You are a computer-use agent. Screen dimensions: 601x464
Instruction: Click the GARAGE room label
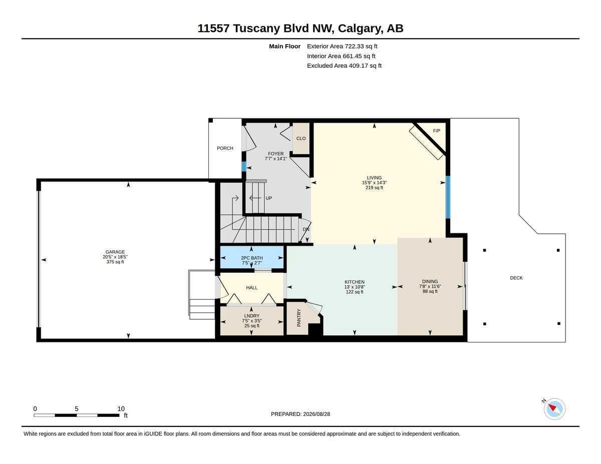tap(115, 252)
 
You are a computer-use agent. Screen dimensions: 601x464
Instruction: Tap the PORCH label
tap(225, 148)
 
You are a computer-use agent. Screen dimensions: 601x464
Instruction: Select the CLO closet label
tap(301, 139)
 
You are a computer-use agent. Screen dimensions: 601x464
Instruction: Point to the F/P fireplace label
tap(436, 131)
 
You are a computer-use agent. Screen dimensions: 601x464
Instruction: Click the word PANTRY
tap(298, 318)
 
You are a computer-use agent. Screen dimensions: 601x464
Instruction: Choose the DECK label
tap(516, 278)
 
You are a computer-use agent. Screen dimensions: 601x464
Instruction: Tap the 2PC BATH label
tap(252, 258)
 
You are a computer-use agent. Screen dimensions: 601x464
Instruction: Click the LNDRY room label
tap(252, 316)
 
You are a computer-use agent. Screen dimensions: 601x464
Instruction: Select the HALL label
tap(252, 288)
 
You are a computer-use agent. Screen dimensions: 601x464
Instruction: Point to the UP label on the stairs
tap(268, 198)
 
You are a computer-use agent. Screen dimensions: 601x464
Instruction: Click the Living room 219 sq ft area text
tap(374, 188)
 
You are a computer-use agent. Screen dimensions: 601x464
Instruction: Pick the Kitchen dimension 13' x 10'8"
tap(355, 287)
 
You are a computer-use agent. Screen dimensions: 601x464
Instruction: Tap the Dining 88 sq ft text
tap(430, 291)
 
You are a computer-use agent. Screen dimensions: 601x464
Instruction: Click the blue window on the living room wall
tap(448, 197)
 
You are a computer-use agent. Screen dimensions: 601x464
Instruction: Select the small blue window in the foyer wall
tap(244, 167)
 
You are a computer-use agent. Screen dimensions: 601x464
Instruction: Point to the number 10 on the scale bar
tap(121, 409)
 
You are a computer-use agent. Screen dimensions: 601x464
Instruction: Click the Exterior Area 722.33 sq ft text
tap(342, 46)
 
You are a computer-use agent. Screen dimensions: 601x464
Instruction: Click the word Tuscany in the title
tap(256, 29)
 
